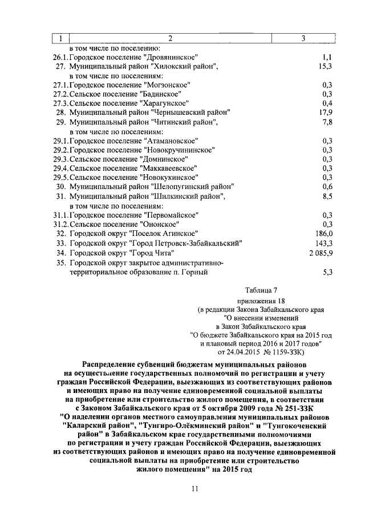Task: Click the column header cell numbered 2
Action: (169, 38)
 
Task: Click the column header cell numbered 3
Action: (303, 38)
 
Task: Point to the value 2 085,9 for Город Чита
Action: (320, 252)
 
